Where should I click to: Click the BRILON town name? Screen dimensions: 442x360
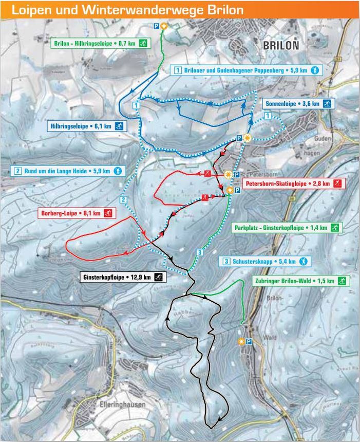[x=280, y=45]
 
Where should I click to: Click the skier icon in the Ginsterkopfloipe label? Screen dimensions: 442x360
[x=159, y=278]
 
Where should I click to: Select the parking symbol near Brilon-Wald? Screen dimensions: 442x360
[x=249, y=342]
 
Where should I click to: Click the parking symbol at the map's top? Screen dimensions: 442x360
[x=156, y=26]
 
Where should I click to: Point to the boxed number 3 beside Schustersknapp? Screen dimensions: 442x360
[x=226, y=261]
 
